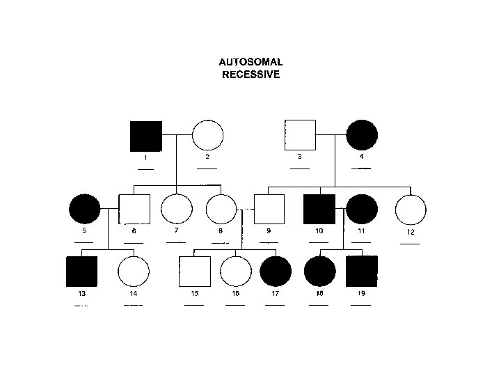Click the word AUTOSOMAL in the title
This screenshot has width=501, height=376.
point(251,62)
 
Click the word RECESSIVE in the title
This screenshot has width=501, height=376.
point(251,74)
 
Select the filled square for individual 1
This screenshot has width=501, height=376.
point(146,136)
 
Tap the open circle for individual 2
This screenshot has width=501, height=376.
point(207,136)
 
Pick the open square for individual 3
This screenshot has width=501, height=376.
point(300,135)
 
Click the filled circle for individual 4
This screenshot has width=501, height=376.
point(362,135)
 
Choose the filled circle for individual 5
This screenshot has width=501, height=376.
point(85,209)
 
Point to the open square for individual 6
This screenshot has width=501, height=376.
point(135,210)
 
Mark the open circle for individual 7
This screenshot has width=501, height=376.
point(177,209)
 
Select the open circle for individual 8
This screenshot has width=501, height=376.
point(222,209)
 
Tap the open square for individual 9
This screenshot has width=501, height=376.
point(269,210)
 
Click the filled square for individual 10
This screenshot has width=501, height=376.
point(319,210)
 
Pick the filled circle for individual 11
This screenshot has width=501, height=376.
point(363,210)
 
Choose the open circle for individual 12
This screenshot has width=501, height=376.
point(411,210)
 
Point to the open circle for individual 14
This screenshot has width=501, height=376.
point(133,272)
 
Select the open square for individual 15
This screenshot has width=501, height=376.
point(196,272)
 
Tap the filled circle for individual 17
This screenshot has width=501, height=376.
point(275,272)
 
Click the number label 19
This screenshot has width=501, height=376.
point(361,294)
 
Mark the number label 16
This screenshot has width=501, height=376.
point(235,294)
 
